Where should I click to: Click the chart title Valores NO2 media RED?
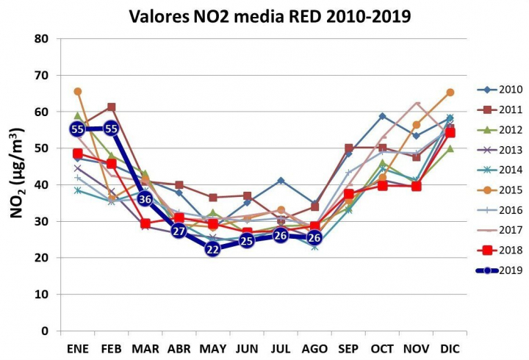click(270, 15)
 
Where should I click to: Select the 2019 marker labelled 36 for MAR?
click(145, 199)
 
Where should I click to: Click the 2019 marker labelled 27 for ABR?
click(179, 231)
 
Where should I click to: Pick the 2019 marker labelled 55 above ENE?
click(78, 129)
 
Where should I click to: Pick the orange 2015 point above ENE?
click(78, 92)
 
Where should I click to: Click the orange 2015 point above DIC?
click(450, 93)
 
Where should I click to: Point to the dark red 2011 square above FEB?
click(112, 107)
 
